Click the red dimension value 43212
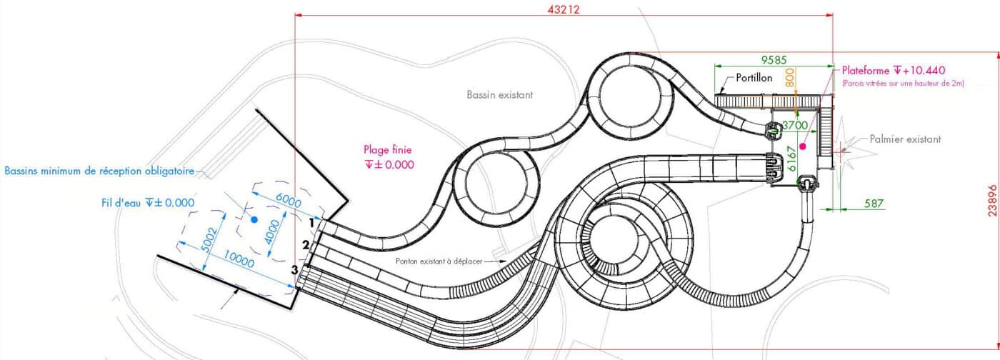(564, 9)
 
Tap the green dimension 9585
(774, 60)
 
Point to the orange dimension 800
(790, 77)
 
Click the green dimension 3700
(795, 126)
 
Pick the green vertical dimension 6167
(791, 159)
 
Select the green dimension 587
(874, 204)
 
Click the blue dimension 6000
(288, 200)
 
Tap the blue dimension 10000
(239, 259)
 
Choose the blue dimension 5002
(210, 239)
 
